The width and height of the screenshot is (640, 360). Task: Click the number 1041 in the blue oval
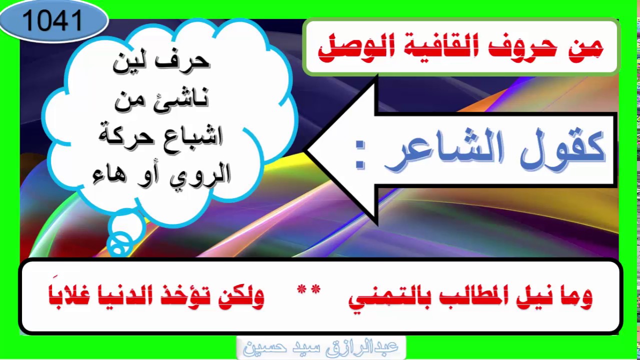coord(52,21)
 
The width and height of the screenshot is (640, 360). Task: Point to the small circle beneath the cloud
coord(120,243)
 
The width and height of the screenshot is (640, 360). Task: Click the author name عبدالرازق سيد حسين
coord(320,347)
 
